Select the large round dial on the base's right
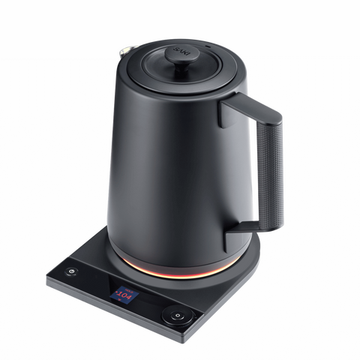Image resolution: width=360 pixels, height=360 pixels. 178,316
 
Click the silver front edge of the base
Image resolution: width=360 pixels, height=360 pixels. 112,315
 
